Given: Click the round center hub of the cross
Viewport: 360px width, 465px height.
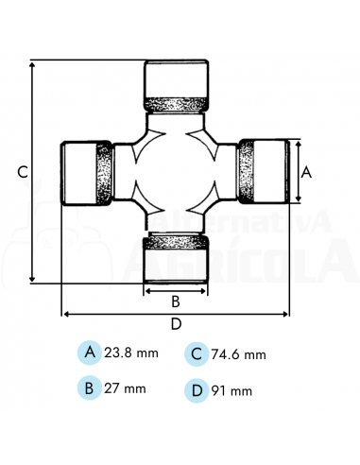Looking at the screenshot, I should pos(175,172).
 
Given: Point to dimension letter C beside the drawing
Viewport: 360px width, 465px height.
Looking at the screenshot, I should pos(22,172).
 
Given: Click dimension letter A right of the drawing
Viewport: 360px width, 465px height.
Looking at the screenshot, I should pos(305,172).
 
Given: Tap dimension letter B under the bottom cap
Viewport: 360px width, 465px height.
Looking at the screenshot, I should pos(175,302).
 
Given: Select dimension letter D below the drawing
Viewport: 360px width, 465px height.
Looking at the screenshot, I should pos(176,324).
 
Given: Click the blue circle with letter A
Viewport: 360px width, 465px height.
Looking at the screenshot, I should pos(90,353).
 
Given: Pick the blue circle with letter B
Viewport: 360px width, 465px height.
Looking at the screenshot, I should pos(90,387).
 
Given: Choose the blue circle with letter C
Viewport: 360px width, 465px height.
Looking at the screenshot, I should pos(197,353).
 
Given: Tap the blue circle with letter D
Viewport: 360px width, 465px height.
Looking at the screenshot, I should pos(197,389).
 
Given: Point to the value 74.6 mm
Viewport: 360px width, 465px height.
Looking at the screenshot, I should pos(241,354).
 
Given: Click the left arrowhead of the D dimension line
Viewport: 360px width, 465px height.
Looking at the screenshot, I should pos(65,314).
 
